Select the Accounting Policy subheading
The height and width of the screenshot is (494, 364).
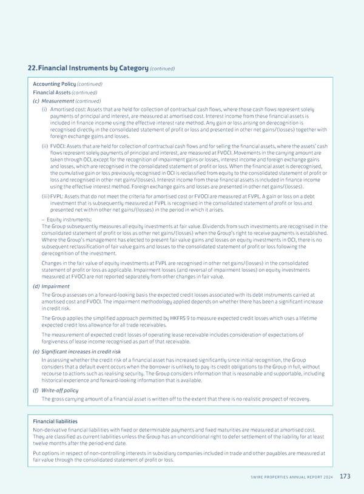pyautogui.click(x=53, y=84)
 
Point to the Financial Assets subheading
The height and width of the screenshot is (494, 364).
pyautogui.click(x=52, y=92)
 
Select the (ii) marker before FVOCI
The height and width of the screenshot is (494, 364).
pyautogui.click(x=45, y=146)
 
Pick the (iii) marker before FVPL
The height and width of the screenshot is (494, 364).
pyautogui.click(x=45, y=197)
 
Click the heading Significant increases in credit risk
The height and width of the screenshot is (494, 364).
pyautogui.click(x=81, y=351)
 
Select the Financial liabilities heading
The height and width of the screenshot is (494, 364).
pyautogui.click(x=55, y=421)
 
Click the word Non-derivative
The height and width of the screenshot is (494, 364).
pyautogui.click(x=50, y=430)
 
